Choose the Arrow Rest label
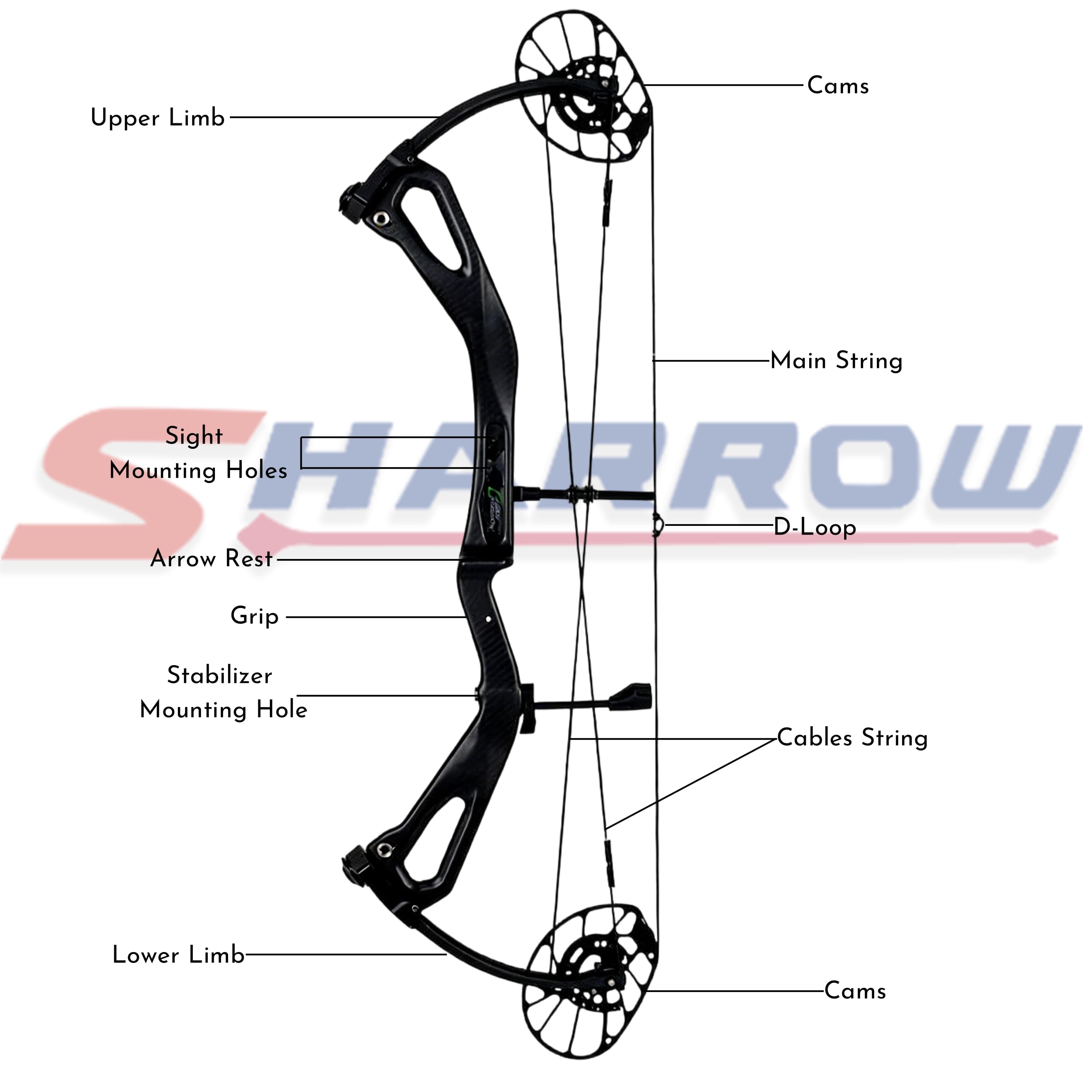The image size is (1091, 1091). [212, 559]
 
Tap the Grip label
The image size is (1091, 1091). [255, 616]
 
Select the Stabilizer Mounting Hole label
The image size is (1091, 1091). [223, 693]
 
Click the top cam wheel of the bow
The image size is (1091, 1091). [584, 88]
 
